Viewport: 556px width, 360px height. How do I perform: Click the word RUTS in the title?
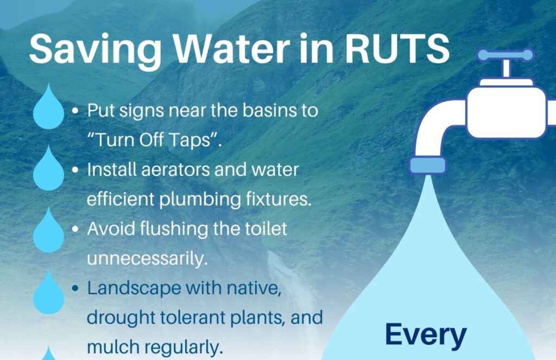pos(397,48)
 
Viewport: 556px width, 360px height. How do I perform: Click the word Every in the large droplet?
pos(426,336)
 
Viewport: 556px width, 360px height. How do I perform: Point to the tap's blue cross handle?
pos(506,55)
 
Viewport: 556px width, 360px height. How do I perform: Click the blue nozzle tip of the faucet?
pos(428,165)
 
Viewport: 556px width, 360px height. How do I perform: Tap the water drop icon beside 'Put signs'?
pos(48,107)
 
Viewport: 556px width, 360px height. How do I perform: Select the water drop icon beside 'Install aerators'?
pos(48,168)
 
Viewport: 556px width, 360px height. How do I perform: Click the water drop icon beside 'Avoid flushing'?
pos(48,230)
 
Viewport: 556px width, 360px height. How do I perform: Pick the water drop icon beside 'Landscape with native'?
pos(48,293)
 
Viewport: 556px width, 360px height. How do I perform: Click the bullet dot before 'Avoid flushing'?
pos(75,229)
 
